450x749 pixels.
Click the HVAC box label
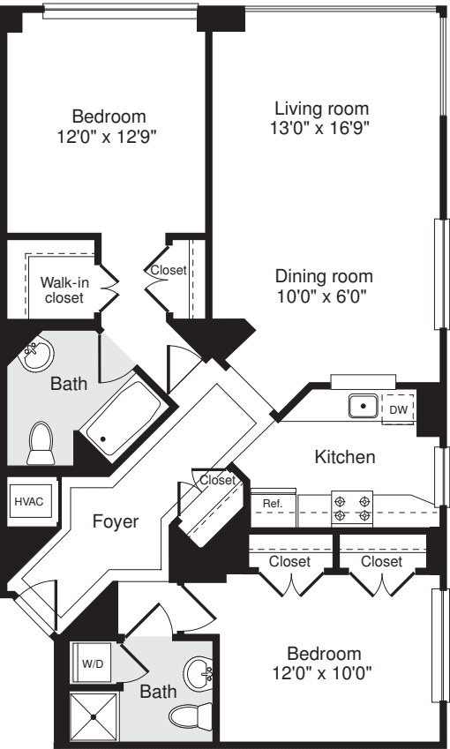click(27, 500)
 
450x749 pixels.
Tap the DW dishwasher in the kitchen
click(398, 409)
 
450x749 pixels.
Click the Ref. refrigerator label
click(272, 504)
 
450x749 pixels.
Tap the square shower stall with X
click(94, 714)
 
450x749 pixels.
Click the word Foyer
click(116, 521)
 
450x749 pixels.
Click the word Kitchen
click(346, 457)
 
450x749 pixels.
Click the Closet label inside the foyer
click(217, 481)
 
